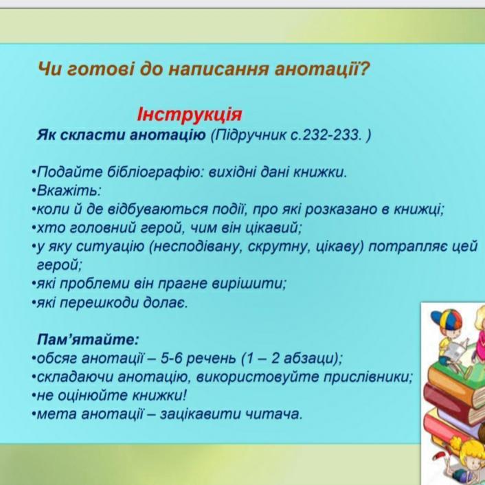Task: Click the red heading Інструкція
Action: tap(190, 115)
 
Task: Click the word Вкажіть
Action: tap(69, 190)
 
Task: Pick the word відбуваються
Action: tap(158, 210)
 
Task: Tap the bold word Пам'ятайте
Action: tap(88, 339)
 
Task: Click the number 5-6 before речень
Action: tap(171, 359)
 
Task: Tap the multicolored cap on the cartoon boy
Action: tap(446, 318)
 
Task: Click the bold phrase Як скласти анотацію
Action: tap(121, 135)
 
